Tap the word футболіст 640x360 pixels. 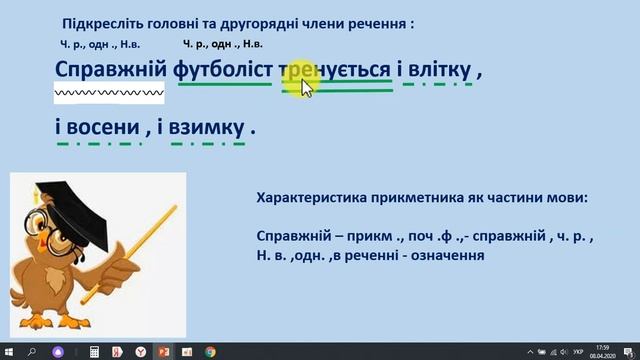(x=225, y=72)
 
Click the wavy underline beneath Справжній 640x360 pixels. (x=109, y=93)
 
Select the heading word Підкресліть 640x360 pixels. (x=100, y=22)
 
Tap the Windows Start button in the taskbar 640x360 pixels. (x=8, y=352)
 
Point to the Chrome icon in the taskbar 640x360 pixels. (x=210, y=352)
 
